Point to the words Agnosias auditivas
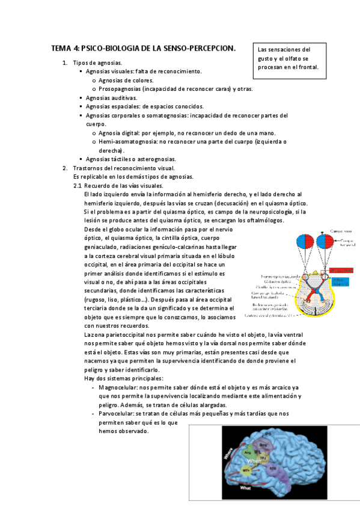[111, 97]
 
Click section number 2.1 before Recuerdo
[77, 186]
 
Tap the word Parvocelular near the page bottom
[116, 414]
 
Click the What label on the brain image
[245, 488]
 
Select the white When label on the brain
[254, 460]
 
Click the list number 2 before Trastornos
[66, 168]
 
